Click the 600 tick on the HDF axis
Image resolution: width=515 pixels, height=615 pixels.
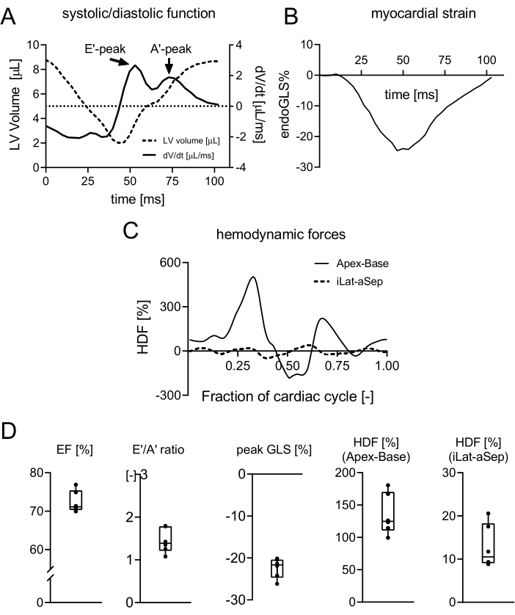pos(169,262)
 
